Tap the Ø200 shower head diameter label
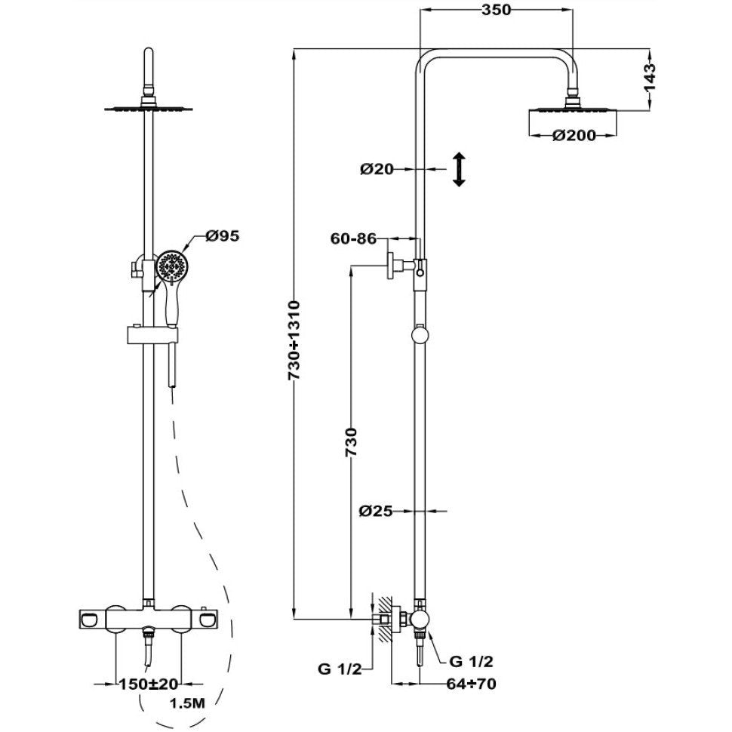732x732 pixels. [574, 135]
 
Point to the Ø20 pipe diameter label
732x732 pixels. [377, 170]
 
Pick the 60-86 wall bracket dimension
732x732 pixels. [353, 239]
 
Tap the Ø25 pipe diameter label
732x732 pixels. [376, 511]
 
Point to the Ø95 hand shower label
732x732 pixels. [223, 236]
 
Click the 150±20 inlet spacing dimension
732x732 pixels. [149, 684]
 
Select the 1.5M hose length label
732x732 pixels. [187, 706]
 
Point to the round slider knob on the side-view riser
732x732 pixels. [420, 334]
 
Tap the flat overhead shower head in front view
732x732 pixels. [149, 110]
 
